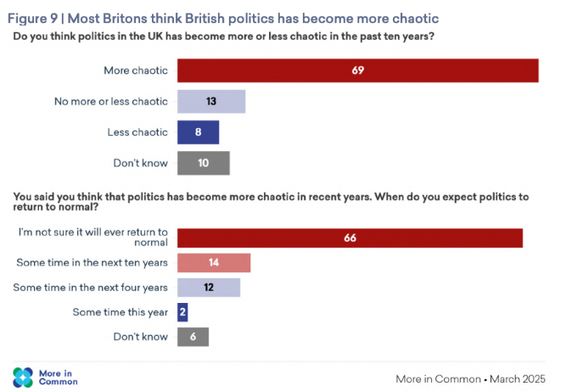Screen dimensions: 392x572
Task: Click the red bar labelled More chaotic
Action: (x=357, y=70)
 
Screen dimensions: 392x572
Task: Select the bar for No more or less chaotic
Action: (x=210, y=102)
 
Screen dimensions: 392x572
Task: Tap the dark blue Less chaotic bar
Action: (x=198, y=132)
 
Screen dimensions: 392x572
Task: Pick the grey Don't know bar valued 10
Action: (x=203, y=163)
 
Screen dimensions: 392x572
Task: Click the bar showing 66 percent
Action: (x=349, y=238)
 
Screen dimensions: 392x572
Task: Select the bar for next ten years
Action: (x=213, y=263)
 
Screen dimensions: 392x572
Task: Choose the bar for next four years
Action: (x=208, y=288)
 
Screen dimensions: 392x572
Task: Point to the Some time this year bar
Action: (x=182, y=312)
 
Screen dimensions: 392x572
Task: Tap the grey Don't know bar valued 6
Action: (x=193, y=337)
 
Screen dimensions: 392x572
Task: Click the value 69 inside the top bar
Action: (x=357, y=70)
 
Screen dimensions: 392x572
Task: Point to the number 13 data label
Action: (x=210, y=102)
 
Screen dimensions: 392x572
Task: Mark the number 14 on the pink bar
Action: (x=213, y=263)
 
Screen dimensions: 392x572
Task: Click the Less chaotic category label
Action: (x=137, y=132)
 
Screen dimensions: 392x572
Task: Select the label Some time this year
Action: (x=121, y=312)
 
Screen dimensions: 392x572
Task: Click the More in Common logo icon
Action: (x=23, y=377)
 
